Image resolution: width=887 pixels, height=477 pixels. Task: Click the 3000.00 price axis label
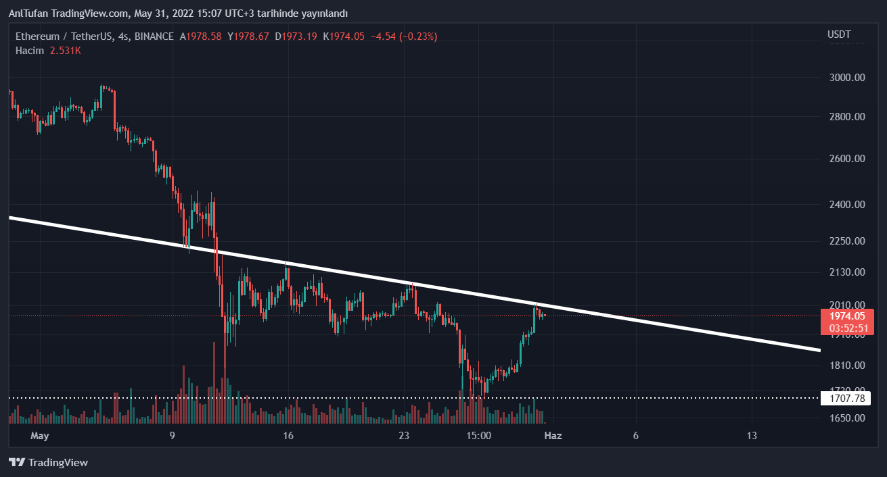point(848,78)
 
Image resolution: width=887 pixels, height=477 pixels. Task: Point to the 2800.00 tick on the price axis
point(848,117)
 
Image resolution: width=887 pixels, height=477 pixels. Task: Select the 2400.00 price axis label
point(848,204)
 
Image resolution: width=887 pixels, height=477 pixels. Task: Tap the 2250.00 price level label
point(848,241)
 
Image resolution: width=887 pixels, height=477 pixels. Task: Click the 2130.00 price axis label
point(848,272)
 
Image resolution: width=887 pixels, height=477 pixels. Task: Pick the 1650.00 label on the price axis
point(848,418)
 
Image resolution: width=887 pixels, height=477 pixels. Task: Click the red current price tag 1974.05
point(847,316)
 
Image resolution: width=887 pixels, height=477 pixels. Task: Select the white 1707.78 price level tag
point(847,399)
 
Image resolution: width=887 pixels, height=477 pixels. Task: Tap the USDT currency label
point(839,34)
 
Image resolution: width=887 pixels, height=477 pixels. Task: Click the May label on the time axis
point(41,436)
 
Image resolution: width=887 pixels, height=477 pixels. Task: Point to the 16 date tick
point(288,436)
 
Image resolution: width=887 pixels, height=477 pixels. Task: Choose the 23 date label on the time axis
point(405,436)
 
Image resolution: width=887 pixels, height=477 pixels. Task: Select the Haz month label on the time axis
point(553,436)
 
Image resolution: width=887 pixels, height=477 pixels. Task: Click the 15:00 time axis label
point(478,436)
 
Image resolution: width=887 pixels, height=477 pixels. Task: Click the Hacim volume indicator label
point(30,51)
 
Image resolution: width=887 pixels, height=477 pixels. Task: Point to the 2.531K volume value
point(65,51)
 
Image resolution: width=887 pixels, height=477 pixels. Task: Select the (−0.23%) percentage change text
point(418,36)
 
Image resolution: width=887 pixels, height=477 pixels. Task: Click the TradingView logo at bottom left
point(48,463)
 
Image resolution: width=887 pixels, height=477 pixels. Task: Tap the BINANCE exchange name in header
point(154,36)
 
